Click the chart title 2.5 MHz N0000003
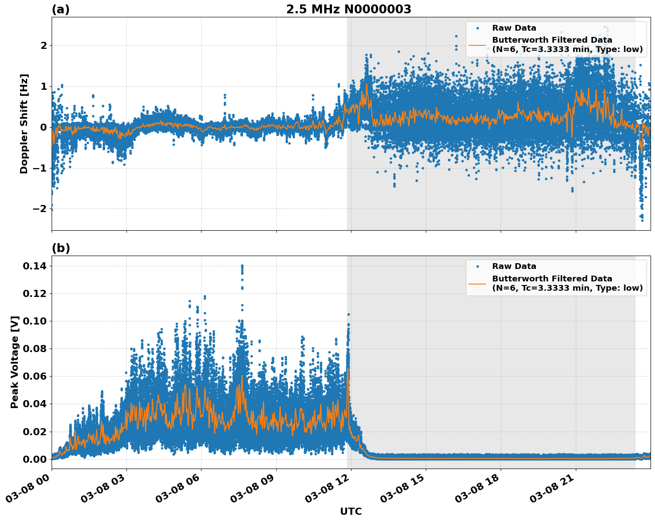click(348, 9)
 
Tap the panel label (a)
click(61, 9)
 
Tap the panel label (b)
click(61, 248)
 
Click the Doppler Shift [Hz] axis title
click(24, 124)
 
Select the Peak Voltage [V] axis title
click(15, 362)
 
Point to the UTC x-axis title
click(351, 511)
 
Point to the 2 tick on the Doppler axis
click(44, 45)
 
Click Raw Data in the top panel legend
click(514, 28)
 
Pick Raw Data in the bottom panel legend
click(514, 266)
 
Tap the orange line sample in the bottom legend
click(477, 283)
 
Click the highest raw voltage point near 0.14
click(242, 266)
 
